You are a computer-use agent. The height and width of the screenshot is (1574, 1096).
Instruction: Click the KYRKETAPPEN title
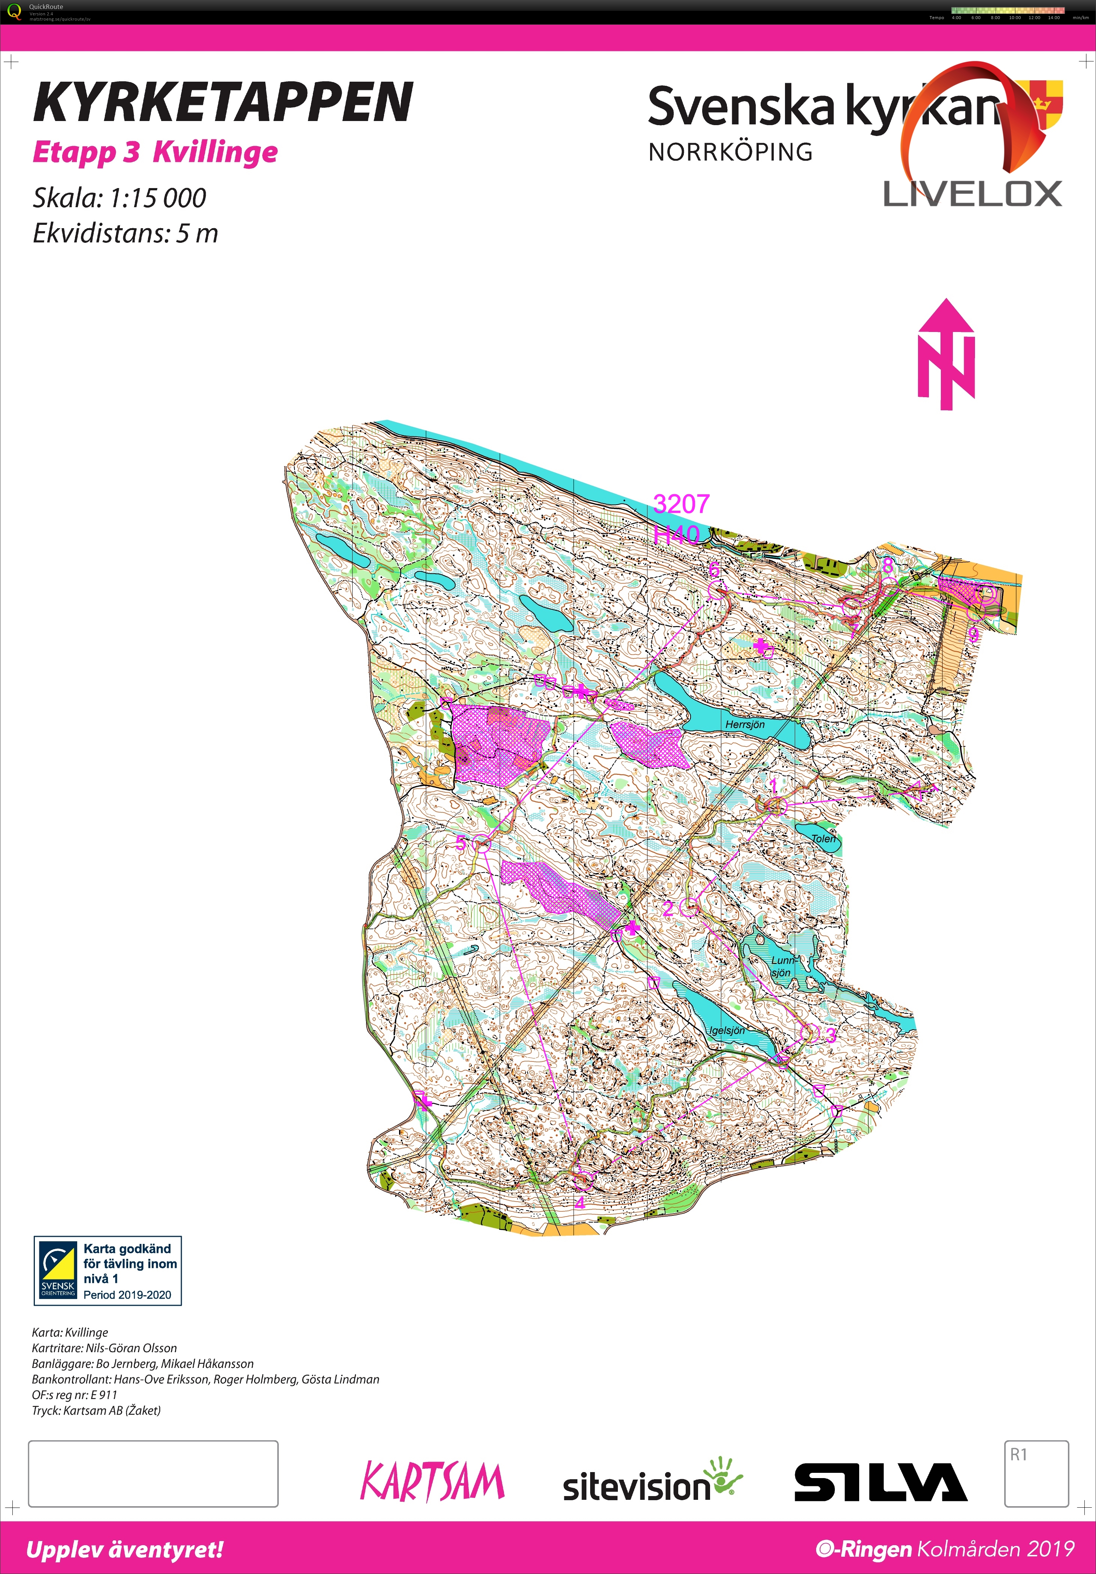pos(223,102)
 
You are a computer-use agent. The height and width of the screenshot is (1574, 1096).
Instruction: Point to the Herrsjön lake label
pos(745,725)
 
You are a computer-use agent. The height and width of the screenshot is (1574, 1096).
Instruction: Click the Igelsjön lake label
pos(727,1030)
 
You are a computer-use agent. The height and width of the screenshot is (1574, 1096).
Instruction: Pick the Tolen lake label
pos(823,839)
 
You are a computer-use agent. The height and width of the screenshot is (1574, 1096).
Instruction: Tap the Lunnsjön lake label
pos(781,967)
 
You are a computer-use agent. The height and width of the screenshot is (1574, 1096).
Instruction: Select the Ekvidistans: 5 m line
pos(126,234)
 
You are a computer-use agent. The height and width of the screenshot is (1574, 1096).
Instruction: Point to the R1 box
pos(1036,1473)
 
